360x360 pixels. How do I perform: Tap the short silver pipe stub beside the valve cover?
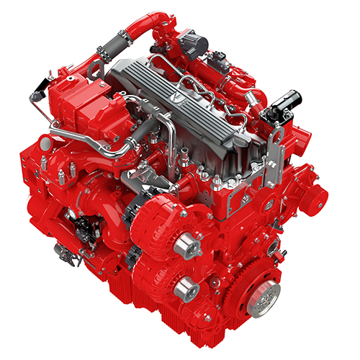(x=184, y=155)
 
